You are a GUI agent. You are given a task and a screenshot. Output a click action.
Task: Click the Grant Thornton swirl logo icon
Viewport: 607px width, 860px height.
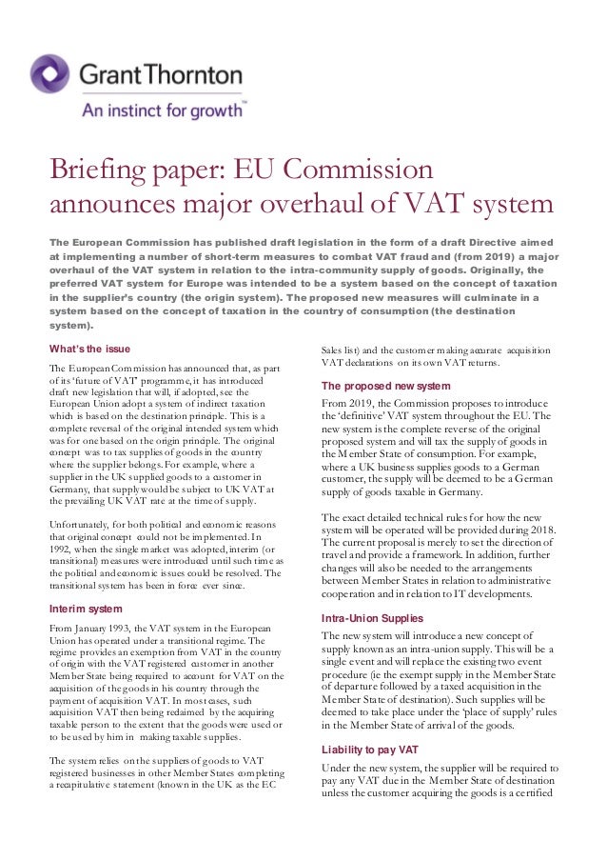pyautogui.click(x=49, y=73)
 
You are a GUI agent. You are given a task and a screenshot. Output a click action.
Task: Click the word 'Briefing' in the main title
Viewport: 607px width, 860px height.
pyautogui.click(x=102, y=172)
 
